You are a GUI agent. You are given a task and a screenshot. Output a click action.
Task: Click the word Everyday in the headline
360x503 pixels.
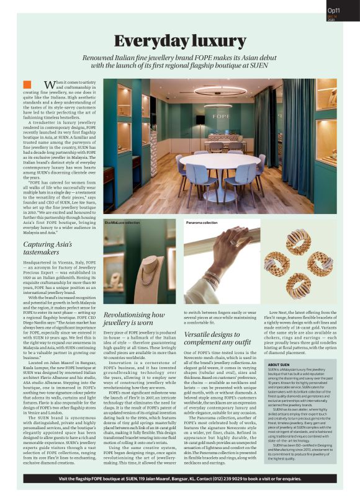(x=151, y=41)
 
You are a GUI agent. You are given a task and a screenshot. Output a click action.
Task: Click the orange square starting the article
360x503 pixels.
(x=26, y=84)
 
